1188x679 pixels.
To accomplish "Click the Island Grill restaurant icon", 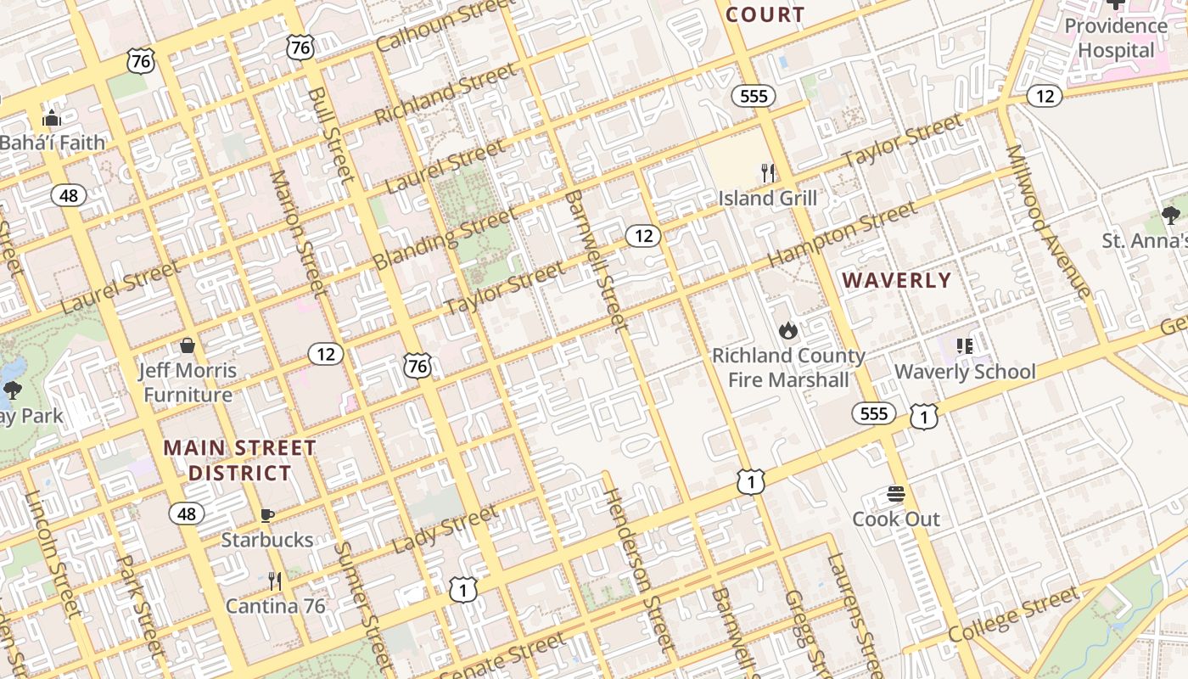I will click(768, 174).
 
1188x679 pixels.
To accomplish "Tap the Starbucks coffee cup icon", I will click(266, 515).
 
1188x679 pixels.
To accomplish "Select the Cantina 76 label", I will click(275, 606).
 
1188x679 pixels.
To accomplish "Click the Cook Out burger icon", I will click(896, 494).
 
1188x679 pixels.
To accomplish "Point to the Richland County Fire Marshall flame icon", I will click(787, 331).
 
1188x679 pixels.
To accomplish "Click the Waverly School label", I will click(965, 372).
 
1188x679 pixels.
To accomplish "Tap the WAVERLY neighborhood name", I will click(897, 280).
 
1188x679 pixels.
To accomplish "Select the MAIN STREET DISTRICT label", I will click(240, 460).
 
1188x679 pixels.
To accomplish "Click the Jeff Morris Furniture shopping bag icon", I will click(188, 345).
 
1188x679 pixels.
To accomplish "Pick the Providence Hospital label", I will click(1116, 38).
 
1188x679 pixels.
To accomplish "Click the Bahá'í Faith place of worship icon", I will click(52, 119).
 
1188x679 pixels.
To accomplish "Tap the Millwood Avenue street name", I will click(1048, 221).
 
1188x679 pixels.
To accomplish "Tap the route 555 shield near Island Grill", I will click(754, 96).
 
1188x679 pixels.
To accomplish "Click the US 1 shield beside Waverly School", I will click(924, 416).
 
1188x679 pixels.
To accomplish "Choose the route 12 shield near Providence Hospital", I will click(1045, 96).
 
